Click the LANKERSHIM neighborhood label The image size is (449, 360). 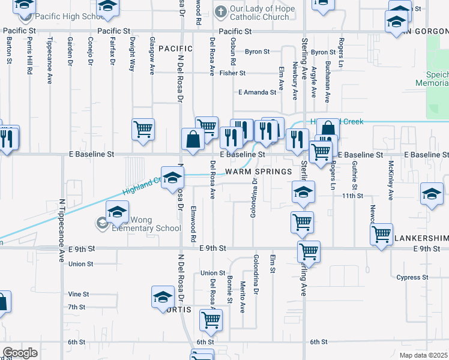421,238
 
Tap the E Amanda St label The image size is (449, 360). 257,92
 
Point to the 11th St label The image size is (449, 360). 349,196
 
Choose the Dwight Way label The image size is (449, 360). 132,55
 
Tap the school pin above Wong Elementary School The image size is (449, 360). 118,211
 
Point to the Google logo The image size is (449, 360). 20,353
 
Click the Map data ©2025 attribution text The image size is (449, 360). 423,355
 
